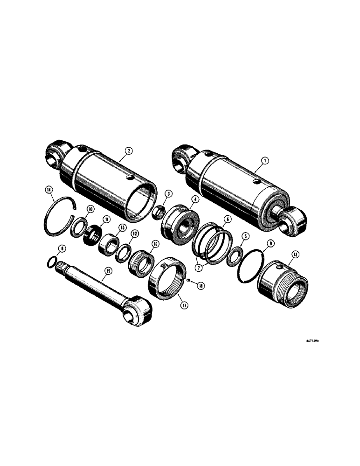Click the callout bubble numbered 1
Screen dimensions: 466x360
[264, 160]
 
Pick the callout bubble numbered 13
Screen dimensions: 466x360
[294, 254]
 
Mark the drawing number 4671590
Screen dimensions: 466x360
[312, 340]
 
